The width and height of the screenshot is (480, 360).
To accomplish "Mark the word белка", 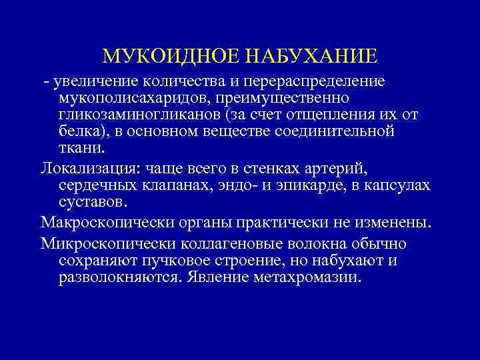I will pyautogui.click(x=78, y=131).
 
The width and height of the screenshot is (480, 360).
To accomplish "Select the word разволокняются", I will pyautogui.click(x=121, y=277).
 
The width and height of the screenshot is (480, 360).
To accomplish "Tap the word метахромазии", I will pyautogui.click(x=308, y=277).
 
